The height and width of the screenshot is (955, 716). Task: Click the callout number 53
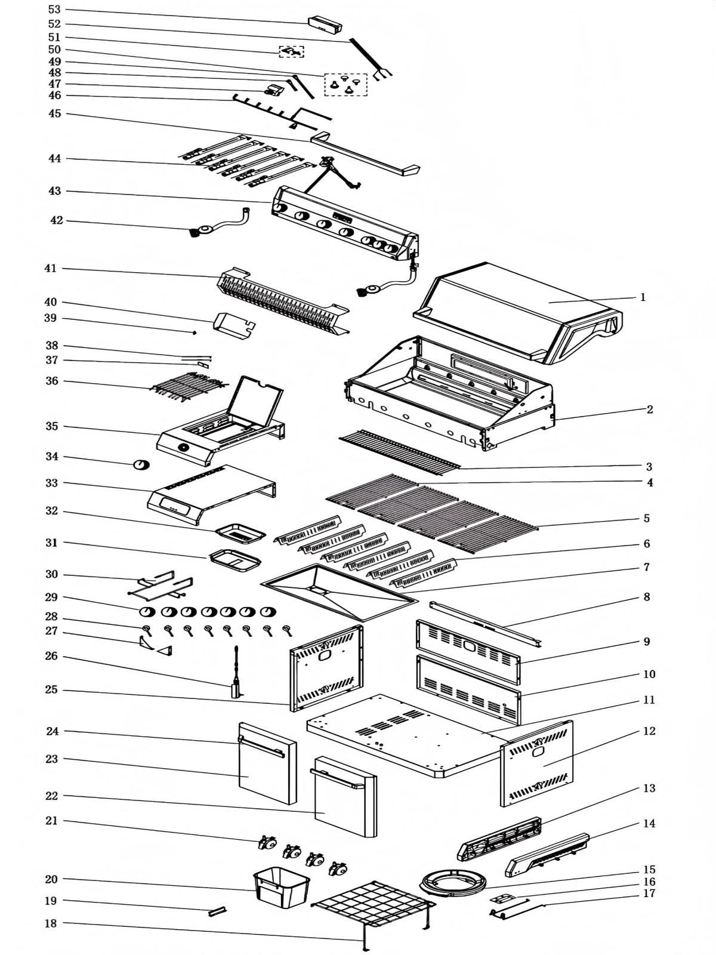tap(54, 10)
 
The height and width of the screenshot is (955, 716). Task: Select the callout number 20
tap(52, 879)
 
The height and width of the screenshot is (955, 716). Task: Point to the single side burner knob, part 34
tap(141, 465)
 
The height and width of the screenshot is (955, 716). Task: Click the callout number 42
tap(56, 221)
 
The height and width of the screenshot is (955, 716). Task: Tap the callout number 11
tap(649, 700)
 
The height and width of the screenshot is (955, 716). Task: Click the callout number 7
tap(646, 567)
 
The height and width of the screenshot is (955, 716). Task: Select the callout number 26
tap(52, 656)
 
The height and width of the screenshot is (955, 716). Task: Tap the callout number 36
tap(52, 381)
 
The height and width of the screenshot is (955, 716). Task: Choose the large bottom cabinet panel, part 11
tap(406, 734)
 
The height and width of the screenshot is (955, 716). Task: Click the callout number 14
tap(649, 823)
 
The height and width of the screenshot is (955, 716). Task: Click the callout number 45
tap(54, 113)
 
